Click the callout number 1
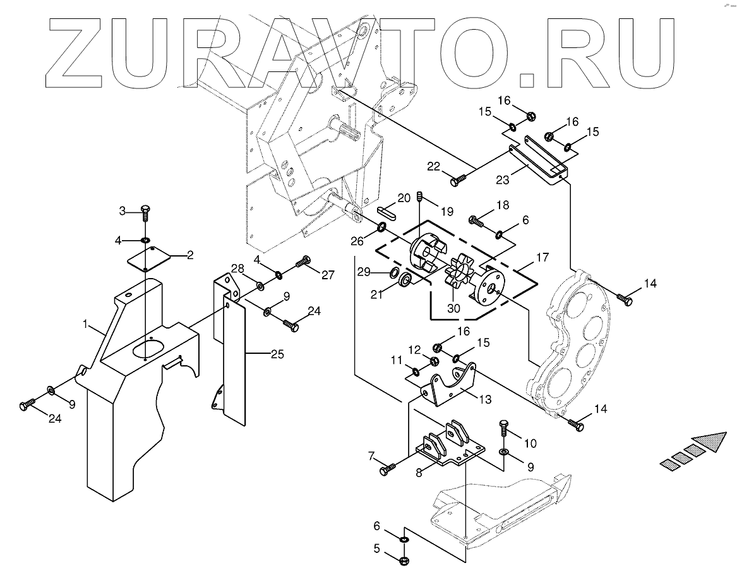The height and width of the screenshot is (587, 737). pyautogui.click(x=86, y=324)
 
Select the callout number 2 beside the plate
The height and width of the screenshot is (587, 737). pyautogui.click(x=189, y=255)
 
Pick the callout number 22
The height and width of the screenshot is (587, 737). pyautogui.click(x=433, y=167)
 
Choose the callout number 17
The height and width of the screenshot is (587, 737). pyautogui.click(x=542, y=258)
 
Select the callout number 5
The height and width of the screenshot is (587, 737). pyautogui.click(x=376, y=549)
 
